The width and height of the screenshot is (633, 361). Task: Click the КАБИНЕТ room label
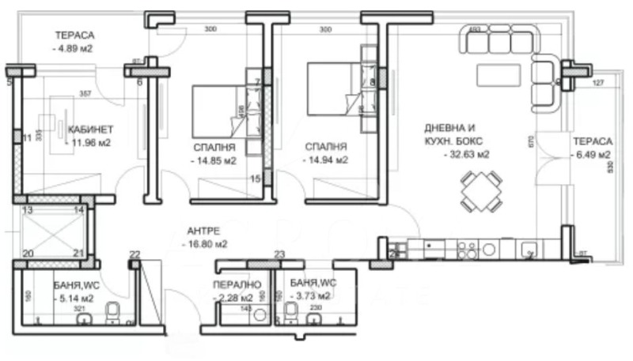(91, 130)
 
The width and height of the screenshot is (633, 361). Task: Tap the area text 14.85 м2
(214, 160)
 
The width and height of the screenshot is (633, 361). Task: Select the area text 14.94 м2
(326, 160)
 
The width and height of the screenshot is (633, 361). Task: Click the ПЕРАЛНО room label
(232, 284)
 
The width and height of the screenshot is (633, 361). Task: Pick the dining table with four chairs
(480, 193)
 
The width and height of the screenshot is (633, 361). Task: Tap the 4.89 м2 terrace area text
(74, 49)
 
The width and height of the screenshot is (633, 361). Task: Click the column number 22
(135, 254)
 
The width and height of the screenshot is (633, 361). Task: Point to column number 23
(279, 254)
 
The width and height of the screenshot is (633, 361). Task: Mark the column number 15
(255, 179)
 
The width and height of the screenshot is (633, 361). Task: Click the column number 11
(27, 137)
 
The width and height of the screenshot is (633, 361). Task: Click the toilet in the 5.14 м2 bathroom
(114, 314)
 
